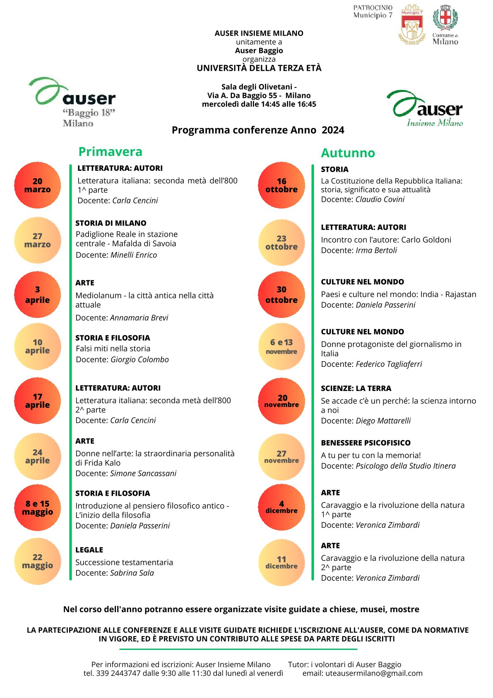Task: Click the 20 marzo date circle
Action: click(37, 185)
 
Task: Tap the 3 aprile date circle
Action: click(37, 295)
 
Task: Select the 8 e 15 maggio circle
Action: click(37, 508)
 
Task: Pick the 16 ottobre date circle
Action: click(281, 185)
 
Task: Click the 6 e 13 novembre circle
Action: click(281, 347)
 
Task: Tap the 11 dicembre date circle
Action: click(281, 562)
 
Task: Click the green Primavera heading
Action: click(110, 152)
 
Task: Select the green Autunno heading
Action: click(348, 153)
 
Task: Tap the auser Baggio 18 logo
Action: click(72, 102)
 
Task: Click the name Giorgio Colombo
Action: click(139, 359)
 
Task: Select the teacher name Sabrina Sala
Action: click(132, 573)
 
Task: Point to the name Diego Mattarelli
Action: click(383, 421)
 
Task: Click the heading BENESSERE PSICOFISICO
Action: click(366, 443)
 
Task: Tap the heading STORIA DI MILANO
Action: click(111, 223)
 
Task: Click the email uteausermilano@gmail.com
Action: click(374, 673)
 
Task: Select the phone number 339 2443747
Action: click(118, 673)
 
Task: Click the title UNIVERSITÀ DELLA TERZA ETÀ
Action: click(259, 68)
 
